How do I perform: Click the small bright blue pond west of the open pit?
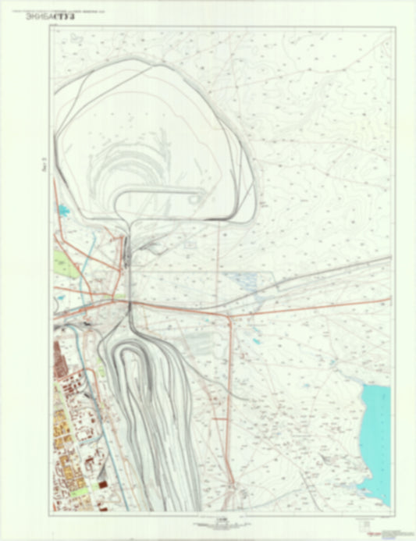(x=60, y=209)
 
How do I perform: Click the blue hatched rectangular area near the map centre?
(x=244, y=281)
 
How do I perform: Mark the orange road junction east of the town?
(x=229, y=316)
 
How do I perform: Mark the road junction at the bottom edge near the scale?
(x=232, y=487)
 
